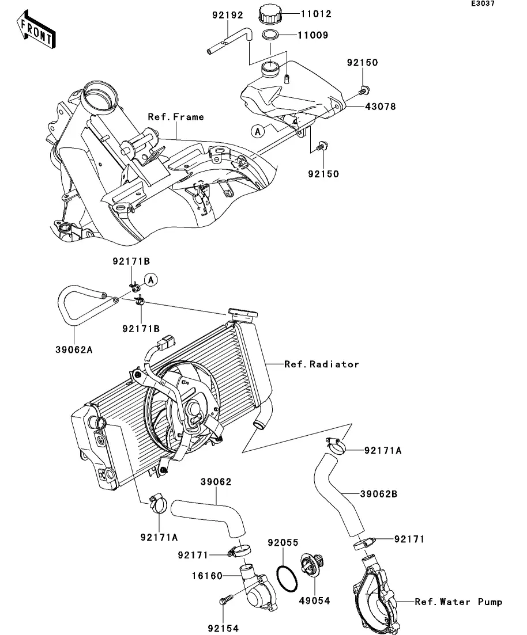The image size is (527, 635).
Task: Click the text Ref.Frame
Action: click(x=176, y=117)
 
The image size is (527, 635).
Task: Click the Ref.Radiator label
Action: click(x=321, y=364)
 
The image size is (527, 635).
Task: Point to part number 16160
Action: click(x=208, y=575)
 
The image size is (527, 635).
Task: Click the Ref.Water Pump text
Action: click(x=458, y=602)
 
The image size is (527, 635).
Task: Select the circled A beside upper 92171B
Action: click(x=150, y=280)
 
